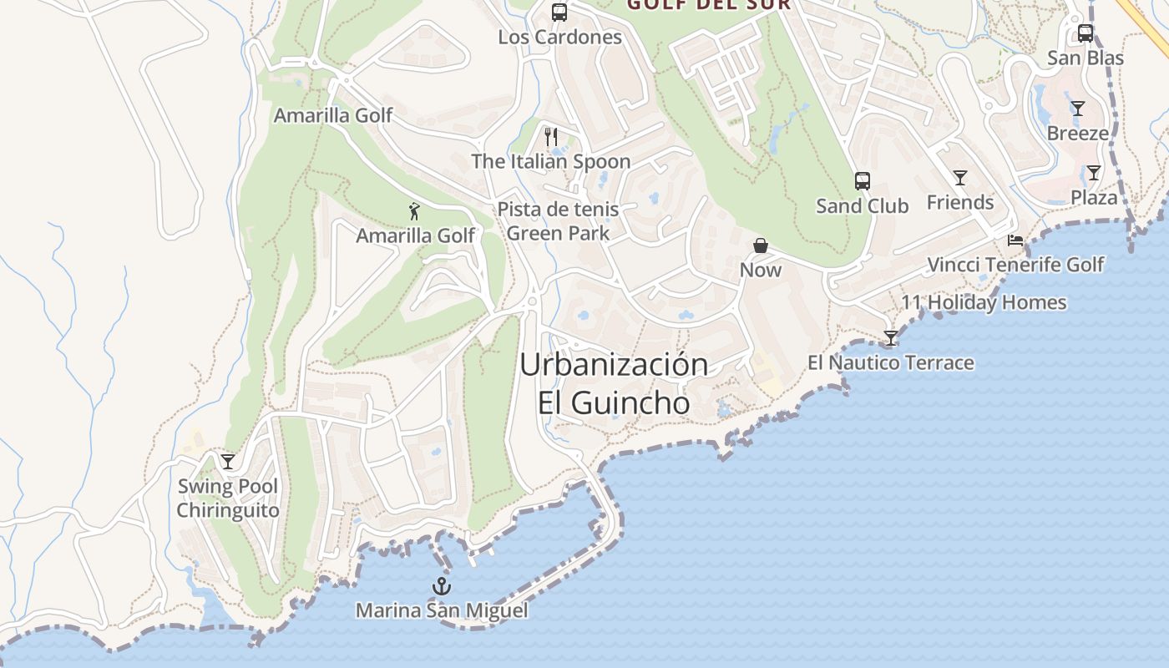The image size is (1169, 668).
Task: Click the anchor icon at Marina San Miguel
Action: point(442,586)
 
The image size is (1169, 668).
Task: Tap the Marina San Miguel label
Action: point(442,610)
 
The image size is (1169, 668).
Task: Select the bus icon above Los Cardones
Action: point(559,13)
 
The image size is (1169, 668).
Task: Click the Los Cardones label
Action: point(559,38)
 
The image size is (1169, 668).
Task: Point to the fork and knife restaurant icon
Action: point(551,136)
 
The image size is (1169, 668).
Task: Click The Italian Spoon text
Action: point(551,161)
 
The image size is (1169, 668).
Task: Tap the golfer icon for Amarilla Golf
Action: point(415,211)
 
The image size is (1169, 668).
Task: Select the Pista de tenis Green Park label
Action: point(559,221)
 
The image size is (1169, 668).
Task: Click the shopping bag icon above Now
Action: point(761,245)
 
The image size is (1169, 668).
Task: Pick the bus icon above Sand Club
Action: point(863,181)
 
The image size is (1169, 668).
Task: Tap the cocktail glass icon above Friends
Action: point(960,178)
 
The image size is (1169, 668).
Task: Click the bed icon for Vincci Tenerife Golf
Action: point(1015,240)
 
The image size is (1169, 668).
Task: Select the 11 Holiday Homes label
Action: point(984,302)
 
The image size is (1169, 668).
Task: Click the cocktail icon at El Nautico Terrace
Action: point(891,338)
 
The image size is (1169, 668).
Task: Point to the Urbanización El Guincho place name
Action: point(614,384)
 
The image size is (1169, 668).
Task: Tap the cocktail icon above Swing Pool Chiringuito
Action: point(228,462)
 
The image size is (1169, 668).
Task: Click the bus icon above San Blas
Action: point(1085,33)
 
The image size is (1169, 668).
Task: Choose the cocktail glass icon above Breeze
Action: point(1078,109)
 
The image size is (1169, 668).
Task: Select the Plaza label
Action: point(1094,198)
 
